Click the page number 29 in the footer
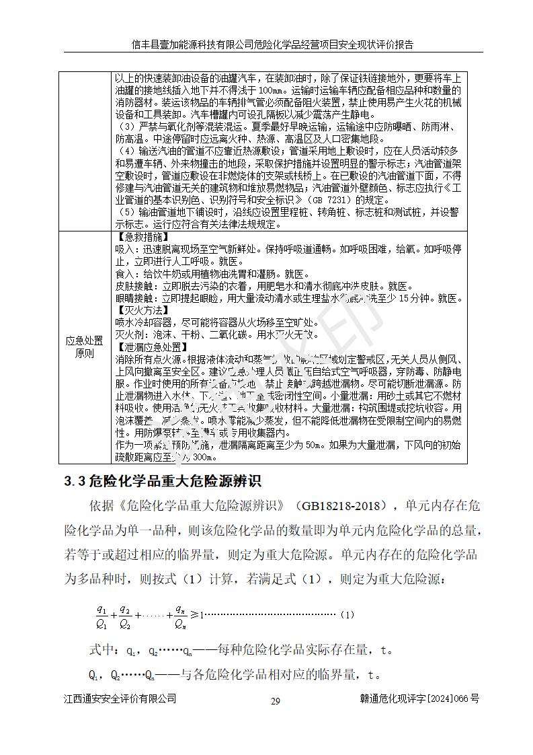click(275, 701)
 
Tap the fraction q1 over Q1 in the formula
click(101, 616)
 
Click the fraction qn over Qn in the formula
click(179, 616)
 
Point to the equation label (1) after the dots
click(346, 614)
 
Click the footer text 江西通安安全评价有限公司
click(120, 699)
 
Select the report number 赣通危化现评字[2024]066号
click(419, 699)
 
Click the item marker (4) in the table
click(126, 151)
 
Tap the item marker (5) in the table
click(126, 212)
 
